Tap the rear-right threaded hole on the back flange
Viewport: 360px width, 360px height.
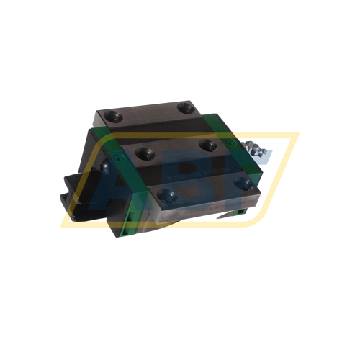(188, 107)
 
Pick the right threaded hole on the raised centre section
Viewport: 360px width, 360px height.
(209, 145)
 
